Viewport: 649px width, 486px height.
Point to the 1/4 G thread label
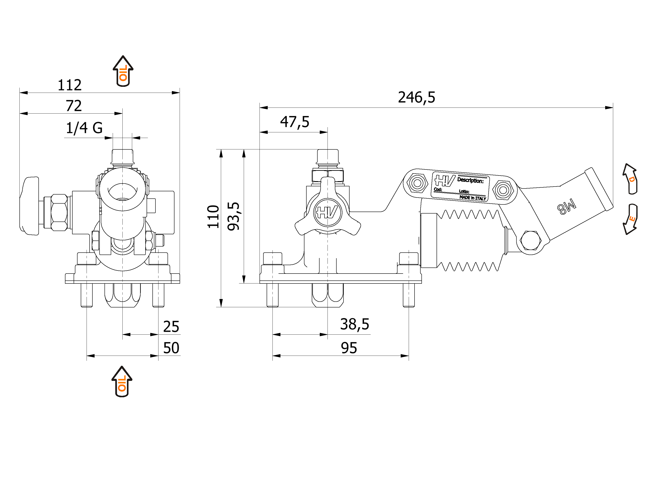(x=84, y=128)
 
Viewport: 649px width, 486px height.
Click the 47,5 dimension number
(x=294, y=122)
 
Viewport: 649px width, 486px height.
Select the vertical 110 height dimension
(x=213, y=217)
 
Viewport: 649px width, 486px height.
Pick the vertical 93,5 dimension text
(x=234, y=216)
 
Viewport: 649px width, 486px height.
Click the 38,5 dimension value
(x=355, y=324)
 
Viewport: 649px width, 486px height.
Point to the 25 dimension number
(x=171, y=327)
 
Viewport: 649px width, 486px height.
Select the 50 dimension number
(x=171, y=348)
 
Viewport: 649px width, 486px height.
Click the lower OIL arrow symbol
(x=122, y=382)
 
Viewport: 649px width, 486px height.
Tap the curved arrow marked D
(x=630, y=179)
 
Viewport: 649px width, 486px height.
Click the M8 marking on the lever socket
(x=567, y=207)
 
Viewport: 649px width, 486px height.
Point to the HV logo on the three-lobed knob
(x=328, y=212)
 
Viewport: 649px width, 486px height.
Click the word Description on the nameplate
(x=470, y=180)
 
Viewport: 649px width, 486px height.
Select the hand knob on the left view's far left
(x=30, y=206)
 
